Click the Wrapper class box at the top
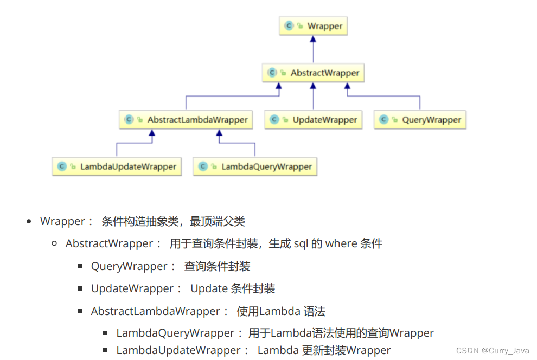coord(313,26)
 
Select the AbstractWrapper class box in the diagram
coord(313,73)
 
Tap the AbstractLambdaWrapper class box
coord(186,120)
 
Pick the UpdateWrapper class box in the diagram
coord(313,120)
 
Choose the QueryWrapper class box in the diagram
coord(420,120)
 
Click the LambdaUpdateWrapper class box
coord(117,166)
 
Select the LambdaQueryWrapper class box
coord(255,166)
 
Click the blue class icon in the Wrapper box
coord(289,26)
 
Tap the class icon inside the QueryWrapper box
coord(384,120)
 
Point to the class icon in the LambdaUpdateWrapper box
coord(62,166)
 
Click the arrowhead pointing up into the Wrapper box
coord(313,39)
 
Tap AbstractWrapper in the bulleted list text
coord(110,243)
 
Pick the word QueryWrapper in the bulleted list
coord(130,266)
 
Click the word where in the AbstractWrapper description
coord(341,243)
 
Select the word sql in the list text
coord(301,243)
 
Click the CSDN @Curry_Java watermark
coord(493,351)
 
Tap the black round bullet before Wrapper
coord(29,221)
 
